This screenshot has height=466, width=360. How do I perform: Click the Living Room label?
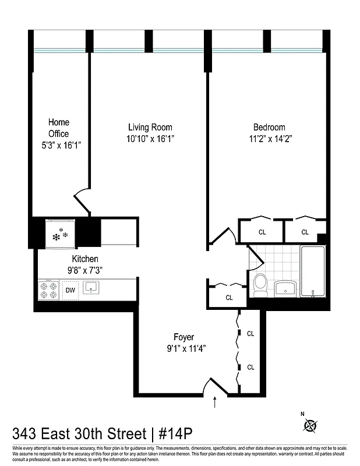[150, 127]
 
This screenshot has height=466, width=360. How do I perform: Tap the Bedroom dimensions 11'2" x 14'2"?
[269, 139]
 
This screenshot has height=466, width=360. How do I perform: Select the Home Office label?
[58, 128]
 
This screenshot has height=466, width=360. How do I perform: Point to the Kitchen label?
[85, 259]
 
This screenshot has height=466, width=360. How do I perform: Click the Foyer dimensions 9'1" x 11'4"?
[183, 348]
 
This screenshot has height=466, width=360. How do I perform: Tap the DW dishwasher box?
[70, 290]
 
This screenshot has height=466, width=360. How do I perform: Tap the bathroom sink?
[285, 287]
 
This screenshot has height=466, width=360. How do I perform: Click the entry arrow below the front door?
[216, 401]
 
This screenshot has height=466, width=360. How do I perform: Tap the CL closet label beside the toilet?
[229, 297]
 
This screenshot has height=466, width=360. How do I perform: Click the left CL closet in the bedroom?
[262, 232]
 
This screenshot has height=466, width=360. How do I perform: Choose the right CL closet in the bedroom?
[305, 232]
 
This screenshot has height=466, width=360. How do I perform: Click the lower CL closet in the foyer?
[250, 367]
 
